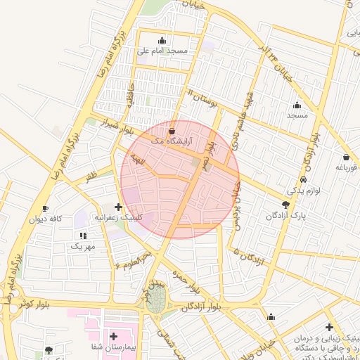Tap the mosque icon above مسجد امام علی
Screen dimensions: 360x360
click(163, 40)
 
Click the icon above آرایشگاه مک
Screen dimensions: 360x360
click(173, 131)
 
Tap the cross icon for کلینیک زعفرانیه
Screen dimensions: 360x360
click(117, 207)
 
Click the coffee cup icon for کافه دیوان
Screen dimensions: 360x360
click(45, 209)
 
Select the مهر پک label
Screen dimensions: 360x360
click(82, 246)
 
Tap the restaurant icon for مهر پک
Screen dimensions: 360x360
click(82, 236)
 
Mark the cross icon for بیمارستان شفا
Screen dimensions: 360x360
click(113, 337)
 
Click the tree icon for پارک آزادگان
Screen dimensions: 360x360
click(285, 205)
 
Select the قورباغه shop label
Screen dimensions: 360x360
click(346, 167)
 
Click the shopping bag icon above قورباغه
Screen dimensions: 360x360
click(346, 157)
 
